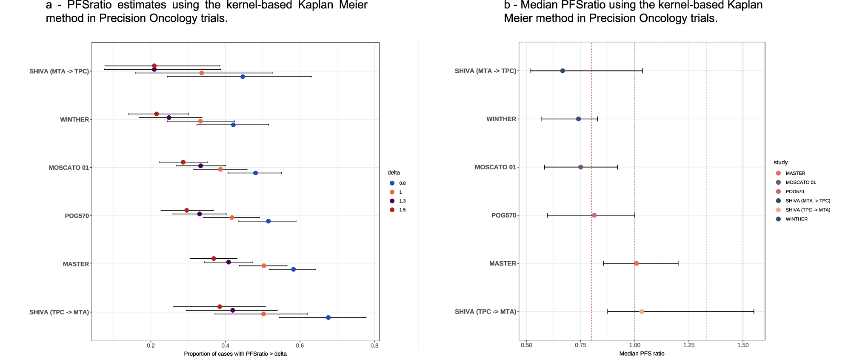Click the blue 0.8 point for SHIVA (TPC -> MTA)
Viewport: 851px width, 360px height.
[328, 317]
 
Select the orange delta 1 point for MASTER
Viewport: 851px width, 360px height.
[264, 266]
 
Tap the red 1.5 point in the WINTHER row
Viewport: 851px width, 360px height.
[157, 114]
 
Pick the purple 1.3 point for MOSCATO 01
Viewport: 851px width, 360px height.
[201, 166]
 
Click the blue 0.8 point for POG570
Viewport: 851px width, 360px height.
[268, 221]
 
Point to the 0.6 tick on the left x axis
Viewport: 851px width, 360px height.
[300, 346]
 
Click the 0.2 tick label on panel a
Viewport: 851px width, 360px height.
[151, 346]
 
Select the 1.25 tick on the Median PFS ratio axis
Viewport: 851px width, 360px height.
[689, 345]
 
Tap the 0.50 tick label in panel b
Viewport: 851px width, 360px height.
[526, 345]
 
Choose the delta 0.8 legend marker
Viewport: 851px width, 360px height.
[392, 183]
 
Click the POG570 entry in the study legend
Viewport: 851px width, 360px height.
[794, 191]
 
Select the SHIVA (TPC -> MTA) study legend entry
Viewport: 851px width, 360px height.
[808, 210]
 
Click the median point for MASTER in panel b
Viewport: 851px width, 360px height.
[637, 263]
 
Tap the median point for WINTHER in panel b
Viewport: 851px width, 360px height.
[578, 119]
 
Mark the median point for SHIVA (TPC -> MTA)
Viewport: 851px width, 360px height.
[642, 311]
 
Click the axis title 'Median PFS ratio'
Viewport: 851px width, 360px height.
[642, 354]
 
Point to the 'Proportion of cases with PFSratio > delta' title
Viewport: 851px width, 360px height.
[235, 354]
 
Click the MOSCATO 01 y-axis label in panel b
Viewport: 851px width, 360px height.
[495, 167]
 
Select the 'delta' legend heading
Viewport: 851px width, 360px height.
[394, 173]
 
